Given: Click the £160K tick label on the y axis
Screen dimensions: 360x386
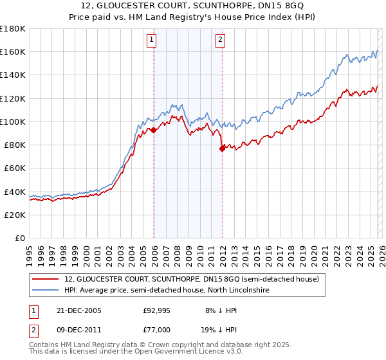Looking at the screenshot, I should pyautogui.click(x=13, y=51).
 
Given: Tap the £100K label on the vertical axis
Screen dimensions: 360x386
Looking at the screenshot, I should pyautogui.click(x=13, y=122).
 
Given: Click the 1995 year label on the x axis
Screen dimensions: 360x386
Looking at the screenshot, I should pyautogui.click(x=30, y=253).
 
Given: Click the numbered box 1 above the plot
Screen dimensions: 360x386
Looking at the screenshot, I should pyautogui.click(x=152, y=40).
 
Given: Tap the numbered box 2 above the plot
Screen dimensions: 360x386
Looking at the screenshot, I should pyautogui.click(x=220, y=40).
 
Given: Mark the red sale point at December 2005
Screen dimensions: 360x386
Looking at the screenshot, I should pyautogui.click(x=154, y=130).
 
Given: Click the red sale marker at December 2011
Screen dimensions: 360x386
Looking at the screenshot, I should pyautogui.click(x=222, y=148).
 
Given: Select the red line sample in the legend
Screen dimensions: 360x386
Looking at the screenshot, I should pyautogui.click(x=46, y=279).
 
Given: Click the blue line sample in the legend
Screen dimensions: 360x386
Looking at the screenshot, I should pyautogui.click(x=46, y=291).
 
